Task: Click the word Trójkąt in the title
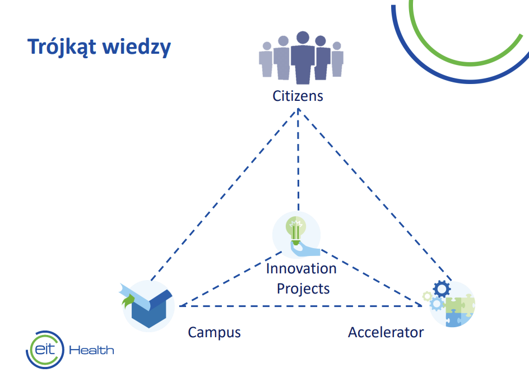point(62,46)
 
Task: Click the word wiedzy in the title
point(136,46)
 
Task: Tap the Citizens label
point(298,96)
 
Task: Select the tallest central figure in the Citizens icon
point(303,57)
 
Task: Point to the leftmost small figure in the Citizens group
point(266,59)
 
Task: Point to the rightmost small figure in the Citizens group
point(337,59)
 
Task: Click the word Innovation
point(301,269)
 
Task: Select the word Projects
point(303,288)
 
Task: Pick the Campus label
point(214,333)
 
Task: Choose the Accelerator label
point(386,333)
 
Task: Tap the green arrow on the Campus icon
point(128,301)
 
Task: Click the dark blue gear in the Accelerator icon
point(442,289)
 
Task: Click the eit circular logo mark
point(45,350)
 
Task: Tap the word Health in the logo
point(91,350)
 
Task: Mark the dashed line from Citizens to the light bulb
point(298,160)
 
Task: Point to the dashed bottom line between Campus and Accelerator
point(300,306)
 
